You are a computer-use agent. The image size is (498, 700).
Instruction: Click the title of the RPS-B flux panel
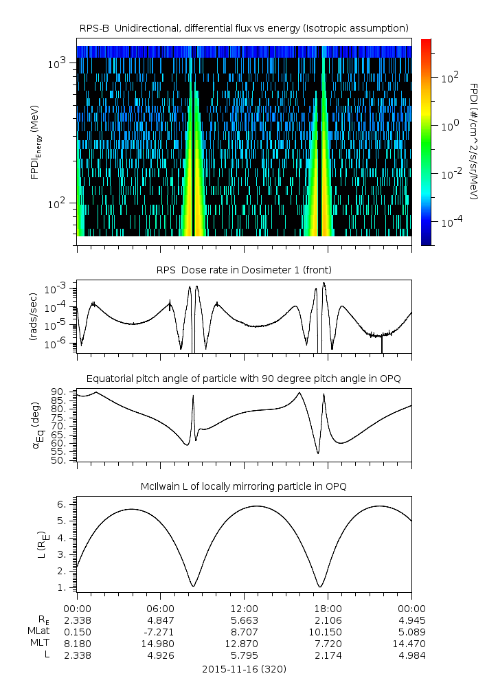pos(244,27)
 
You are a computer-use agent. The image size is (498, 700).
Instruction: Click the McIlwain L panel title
pos(244,486)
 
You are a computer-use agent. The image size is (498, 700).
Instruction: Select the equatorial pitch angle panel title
pos(244,379)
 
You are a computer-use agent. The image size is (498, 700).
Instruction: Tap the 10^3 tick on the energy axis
pos(57,63)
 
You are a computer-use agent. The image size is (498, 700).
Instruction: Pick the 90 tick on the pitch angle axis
pos(59,392)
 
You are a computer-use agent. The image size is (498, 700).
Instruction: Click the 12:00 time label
pos(244,609)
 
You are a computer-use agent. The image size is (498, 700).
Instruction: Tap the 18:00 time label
pos(328,609)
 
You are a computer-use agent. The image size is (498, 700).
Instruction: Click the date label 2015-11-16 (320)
pos(244,668)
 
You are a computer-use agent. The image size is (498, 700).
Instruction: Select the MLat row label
pos(38,631)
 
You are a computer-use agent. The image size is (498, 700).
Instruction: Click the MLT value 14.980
pos(160,643)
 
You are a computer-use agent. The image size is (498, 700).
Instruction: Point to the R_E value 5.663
pos(244,619)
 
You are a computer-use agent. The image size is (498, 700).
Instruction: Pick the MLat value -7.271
pos(160,631)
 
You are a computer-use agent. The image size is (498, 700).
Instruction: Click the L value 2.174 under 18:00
pos(328,655)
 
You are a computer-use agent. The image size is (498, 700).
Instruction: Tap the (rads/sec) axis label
pos(32,320)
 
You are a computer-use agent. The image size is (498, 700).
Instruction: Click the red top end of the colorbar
pos(426,43)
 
